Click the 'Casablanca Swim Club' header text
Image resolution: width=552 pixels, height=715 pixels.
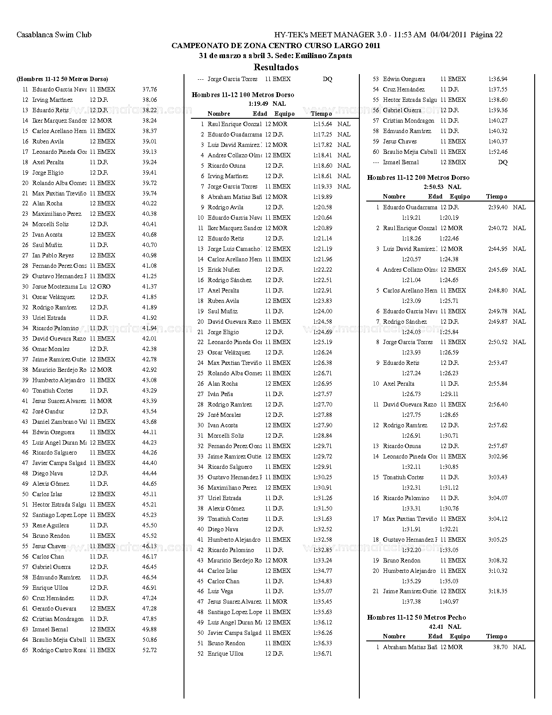(54, 35)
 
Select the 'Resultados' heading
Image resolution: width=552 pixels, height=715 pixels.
(276, 67)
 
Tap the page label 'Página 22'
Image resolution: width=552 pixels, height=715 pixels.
(486, 35)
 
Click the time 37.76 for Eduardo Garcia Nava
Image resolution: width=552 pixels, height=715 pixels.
(149, 90)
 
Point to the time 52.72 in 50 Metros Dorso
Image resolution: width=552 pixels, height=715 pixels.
(149, 650)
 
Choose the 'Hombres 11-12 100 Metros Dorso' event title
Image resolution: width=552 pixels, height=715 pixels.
(242, 95)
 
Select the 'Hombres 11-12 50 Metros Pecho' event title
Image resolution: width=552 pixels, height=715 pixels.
(416, 617)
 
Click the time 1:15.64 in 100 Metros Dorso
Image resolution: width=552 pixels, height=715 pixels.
(323, 124)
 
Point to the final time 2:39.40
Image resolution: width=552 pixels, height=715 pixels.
(497, 208)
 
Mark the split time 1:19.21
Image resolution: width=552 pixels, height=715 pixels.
(411, 218)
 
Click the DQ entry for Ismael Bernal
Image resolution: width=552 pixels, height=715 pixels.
(503, 162)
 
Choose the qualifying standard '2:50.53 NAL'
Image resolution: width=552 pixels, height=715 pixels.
(442, 187)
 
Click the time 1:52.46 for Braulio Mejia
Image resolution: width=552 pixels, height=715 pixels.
(497, 152)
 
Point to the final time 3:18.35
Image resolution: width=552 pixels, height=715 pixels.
(497, 591)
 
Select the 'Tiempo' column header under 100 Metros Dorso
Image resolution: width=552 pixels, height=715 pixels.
(321, 114)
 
